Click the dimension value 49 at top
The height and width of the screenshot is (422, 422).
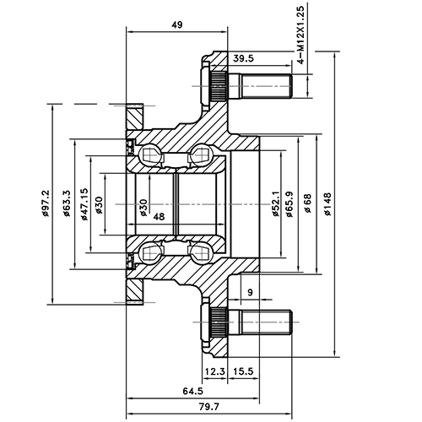click(177, 25)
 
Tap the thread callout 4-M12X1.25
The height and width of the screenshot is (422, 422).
click(301, 34)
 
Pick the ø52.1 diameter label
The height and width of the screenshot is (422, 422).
click(276, 205)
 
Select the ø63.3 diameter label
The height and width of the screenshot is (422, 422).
click(67, 205)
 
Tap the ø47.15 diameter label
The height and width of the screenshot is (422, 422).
click(84, 205)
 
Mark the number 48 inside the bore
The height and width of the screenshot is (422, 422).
click(159, 217)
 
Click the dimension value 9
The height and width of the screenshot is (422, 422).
click(251, 292)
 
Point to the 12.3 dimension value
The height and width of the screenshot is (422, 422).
click(214, 371)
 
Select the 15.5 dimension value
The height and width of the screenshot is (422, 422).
click(245, 371)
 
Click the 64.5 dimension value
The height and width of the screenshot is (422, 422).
click(193, 391)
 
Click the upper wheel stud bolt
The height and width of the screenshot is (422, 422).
click(253, 86)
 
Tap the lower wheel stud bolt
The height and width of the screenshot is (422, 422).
click(253, 322)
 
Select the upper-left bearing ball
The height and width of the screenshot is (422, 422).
click(151, 155)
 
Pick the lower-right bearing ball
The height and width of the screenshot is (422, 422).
click(201, 252)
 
